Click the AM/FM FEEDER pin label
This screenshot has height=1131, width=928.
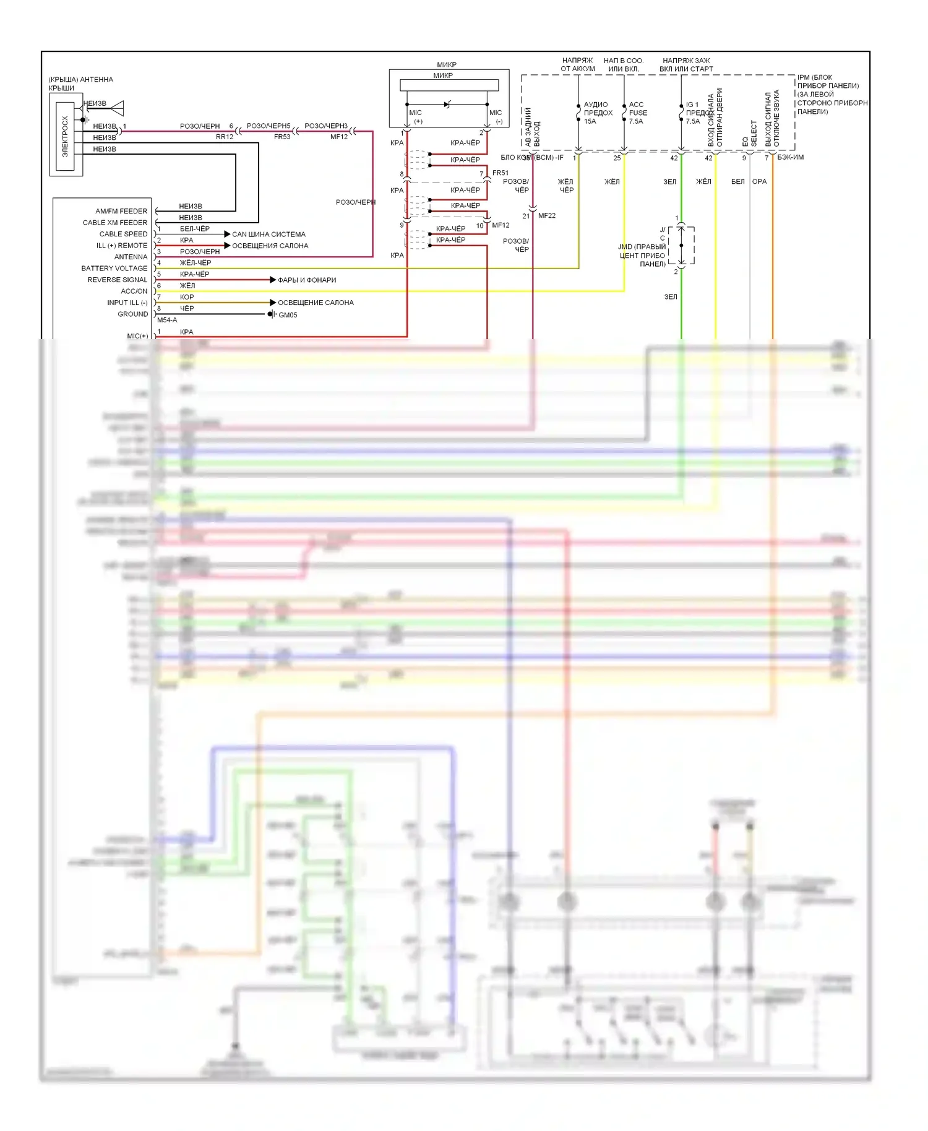click(121, 211)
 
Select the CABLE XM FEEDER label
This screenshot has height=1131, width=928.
click(115, 223)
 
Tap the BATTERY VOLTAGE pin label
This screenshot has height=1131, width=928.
click(114, 269)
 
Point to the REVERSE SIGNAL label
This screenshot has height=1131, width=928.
click(118, 280)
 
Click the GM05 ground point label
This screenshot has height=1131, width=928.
click(288, 315)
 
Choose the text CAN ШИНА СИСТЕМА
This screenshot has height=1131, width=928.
click(269, 234)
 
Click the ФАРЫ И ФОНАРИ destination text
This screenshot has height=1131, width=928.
click(307, 280)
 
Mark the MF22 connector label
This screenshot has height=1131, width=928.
click(546, 216)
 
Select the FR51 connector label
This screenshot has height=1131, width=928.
click(501, 173)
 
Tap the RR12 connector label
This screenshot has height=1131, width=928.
click(225, 137)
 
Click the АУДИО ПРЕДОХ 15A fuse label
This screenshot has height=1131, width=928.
click(597, 113)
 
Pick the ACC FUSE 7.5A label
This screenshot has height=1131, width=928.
click(638, 113)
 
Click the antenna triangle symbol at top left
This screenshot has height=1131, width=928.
click(117, 108)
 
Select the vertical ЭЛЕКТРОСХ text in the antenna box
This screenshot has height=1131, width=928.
click(66, 136)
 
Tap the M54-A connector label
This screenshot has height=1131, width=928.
click(167, 320)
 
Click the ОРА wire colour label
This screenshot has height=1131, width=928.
click(759, 182)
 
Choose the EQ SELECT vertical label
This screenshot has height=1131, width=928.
click(750, 133)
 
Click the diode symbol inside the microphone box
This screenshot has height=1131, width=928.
click(447, 105)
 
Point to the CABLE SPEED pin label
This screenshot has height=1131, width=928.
click(123, 234)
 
